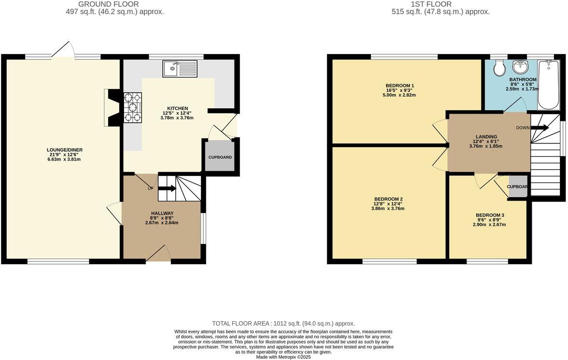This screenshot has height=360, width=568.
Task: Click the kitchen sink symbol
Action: tap(180, 69)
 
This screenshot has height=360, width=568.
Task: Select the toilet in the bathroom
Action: tap(498, 68)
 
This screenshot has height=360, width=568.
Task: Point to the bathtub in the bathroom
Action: tap(548, 85)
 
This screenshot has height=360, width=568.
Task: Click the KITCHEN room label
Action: tap(177, 108)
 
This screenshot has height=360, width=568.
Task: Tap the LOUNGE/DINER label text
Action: tap(61, 150)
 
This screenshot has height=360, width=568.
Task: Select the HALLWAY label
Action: tap(162, 213)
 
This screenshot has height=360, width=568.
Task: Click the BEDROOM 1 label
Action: tap(399, 86)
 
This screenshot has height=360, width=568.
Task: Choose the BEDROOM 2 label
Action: tap(388, 199)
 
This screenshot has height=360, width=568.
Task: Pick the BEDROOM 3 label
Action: tap(490, 216)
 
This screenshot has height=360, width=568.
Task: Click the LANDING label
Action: tap(485, 137)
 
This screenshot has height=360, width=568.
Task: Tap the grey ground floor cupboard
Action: tap(220, 157)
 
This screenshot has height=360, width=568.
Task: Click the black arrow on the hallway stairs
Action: tap(166, 189)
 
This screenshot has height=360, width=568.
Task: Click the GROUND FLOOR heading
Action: tap(115, 4)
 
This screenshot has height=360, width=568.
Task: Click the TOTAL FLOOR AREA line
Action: tap(284, 323)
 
